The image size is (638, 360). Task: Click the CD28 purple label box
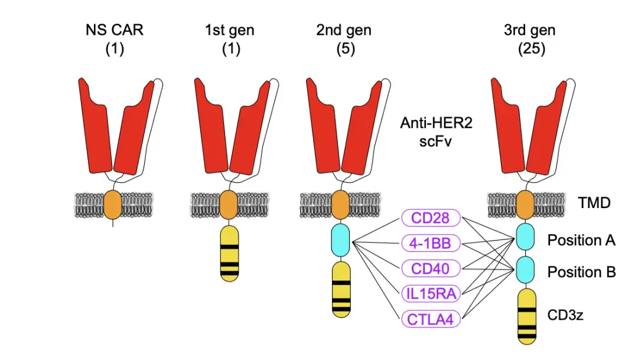(x=431, y=218)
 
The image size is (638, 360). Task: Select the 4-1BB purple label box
(x=431, y=243)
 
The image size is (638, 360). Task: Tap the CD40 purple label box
(x=431, y=269)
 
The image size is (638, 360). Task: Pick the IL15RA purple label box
(x=431, y=294)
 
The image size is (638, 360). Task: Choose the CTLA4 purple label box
(x=431, y=319)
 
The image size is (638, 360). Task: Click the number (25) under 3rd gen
(x=530, y=49)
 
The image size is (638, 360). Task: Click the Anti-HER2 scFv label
(x=427, y=132)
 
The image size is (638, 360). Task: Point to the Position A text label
(x=581, y=240)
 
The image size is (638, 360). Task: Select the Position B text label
(x=581, y=272)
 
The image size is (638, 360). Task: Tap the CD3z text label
(x=565, y=315)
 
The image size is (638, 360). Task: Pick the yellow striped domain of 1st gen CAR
(x=230, y=252)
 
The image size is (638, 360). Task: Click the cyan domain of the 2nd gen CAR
(x=341, y=240)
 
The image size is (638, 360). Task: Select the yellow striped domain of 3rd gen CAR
(x=528, y=316)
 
